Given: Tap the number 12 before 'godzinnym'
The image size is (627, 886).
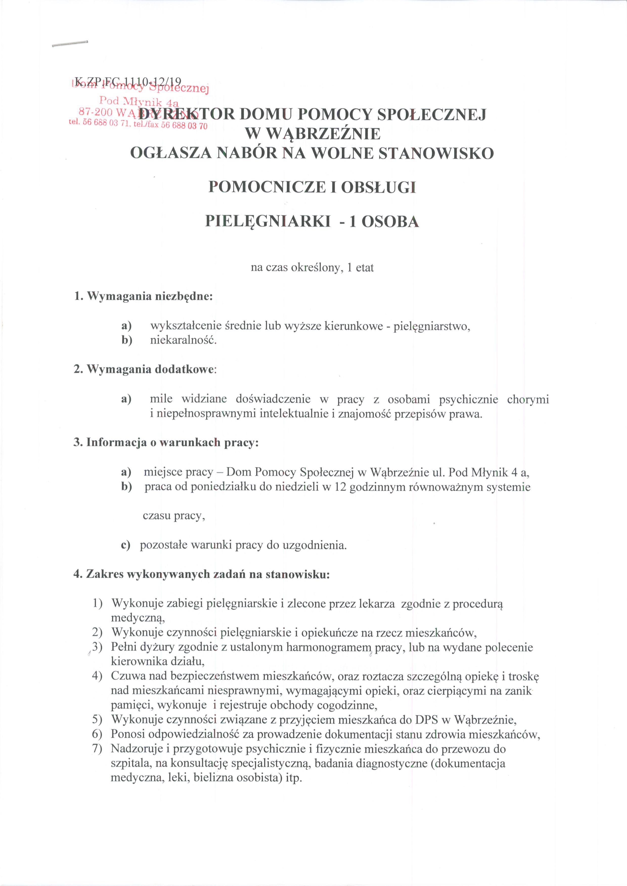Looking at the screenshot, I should pyautogui.click(x=340, y=487).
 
